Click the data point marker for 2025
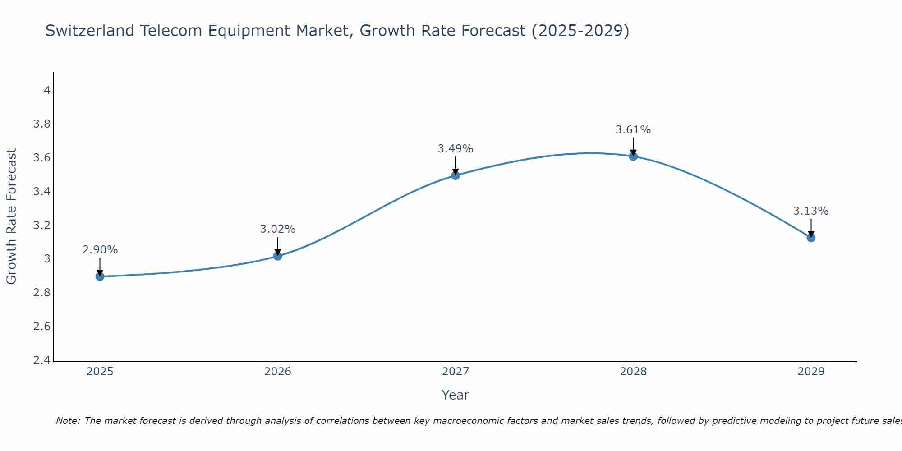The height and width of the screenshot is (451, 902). (x=100, y=276)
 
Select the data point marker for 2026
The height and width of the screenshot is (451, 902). (x=278, y=256)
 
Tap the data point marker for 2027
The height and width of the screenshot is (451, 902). (x=456, y=175)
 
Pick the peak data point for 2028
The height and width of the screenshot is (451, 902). (x=633, y=156)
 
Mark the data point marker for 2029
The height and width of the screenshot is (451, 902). (x=811, y=238)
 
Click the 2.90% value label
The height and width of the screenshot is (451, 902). (x=100, y=250)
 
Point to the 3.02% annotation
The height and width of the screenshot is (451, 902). (x=278, y=229)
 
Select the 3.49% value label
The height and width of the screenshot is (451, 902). (x=456, y=149)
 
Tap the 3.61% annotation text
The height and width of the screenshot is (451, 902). (x=633, y=130)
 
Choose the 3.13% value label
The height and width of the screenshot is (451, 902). (x=811, y=211)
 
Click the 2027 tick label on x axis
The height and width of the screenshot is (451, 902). (x=456, y=372)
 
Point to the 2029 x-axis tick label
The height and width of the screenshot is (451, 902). (x=811, y=372)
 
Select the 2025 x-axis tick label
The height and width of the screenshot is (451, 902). (x=100, y=372)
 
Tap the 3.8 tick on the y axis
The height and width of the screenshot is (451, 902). (x=42, y=124)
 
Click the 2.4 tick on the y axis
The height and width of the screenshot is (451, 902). (x=42, y=360)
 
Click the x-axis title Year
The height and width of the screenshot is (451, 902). (x=456, y=395)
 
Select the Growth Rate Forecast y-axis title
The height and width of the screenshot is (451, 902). (x=12, y=216)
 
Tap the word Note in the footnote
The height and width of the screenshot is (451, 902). (x=67, y=421)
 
